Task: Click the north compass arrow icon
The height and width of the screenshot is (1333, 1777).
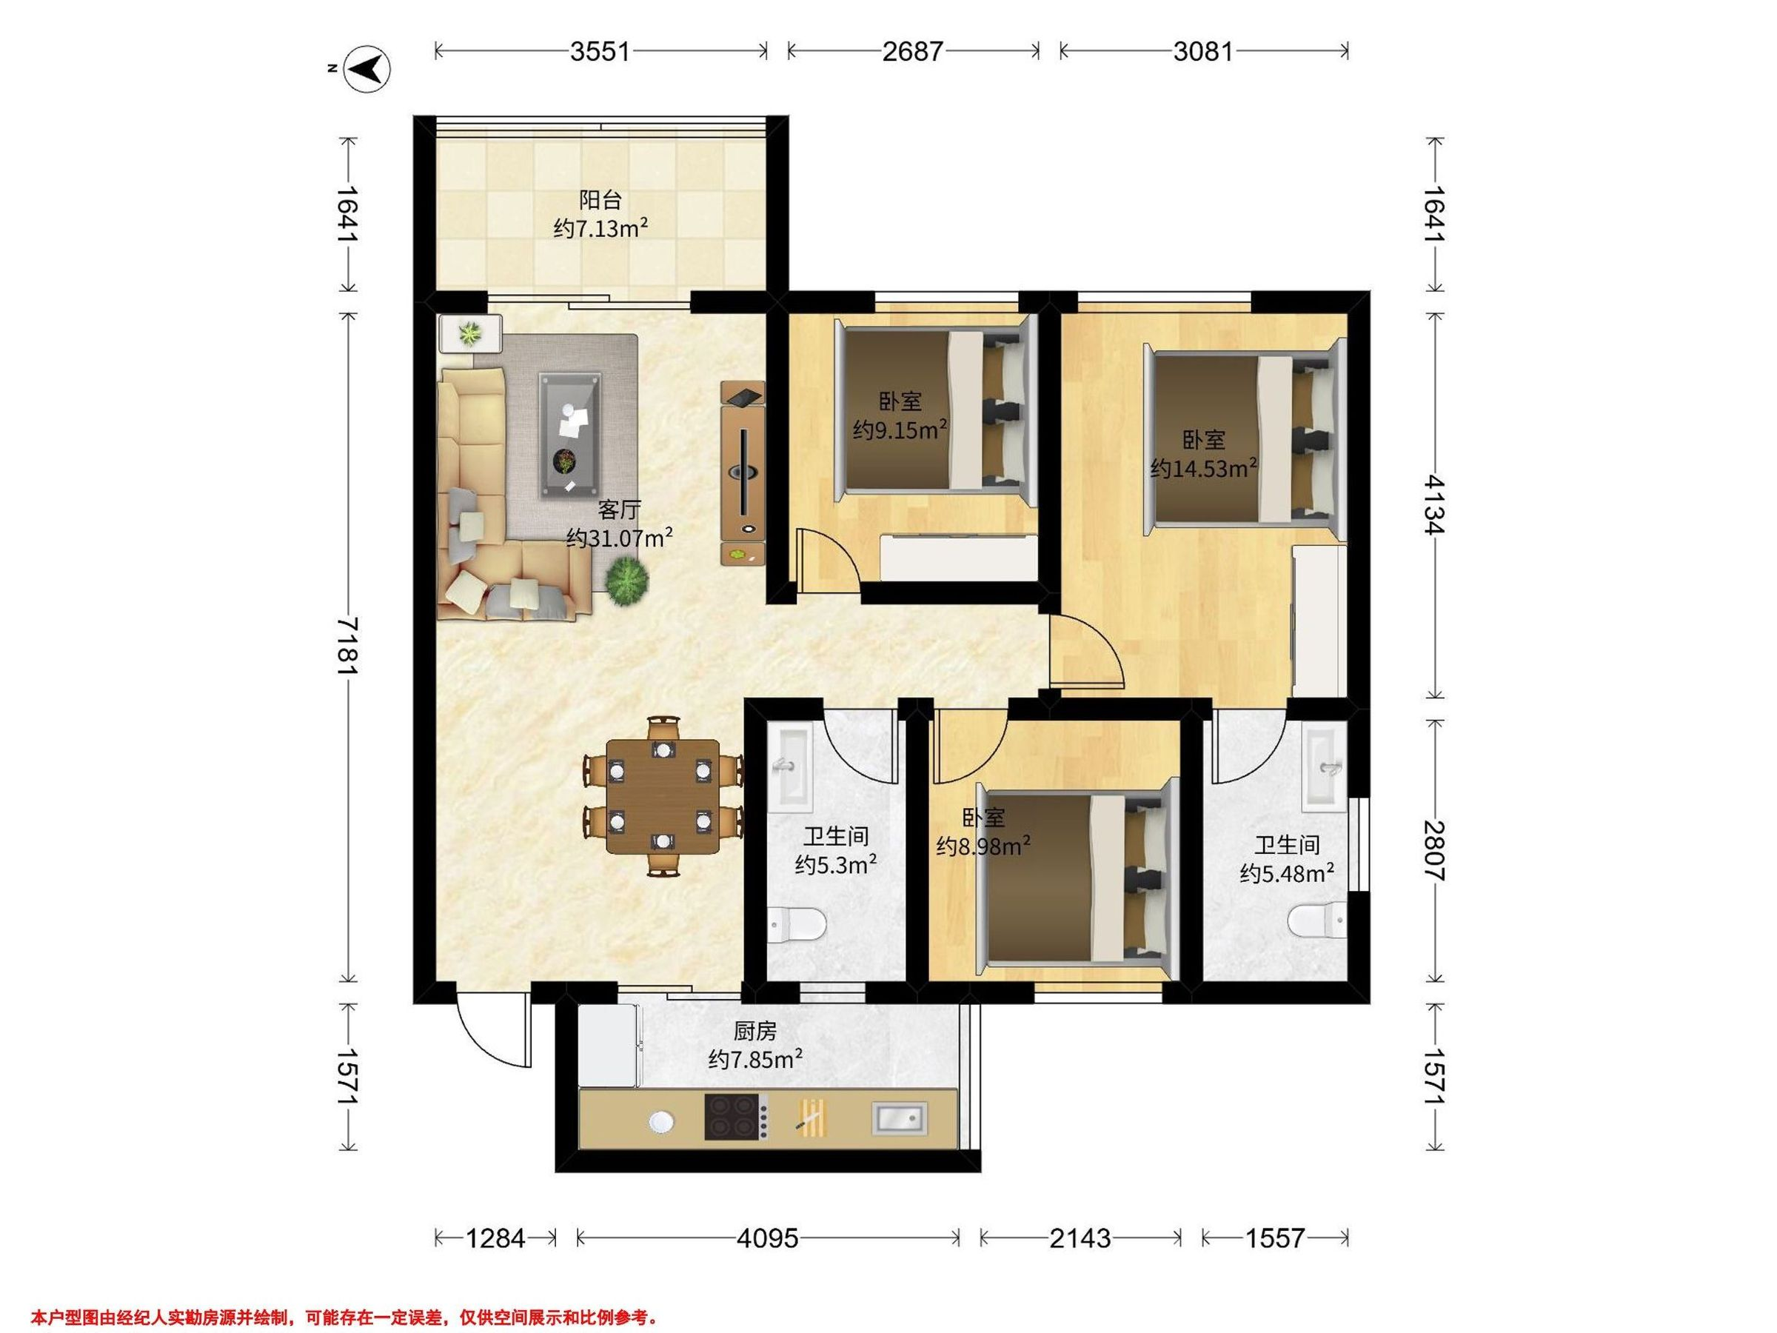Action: coord(367,69)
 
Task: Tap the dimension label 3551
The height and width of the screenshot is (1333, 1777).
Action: coord(600,51)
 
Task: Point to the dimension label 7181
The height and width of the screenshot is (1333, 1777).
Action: coord(347,646)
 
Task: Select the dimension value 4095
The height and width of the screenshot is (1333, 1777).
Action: coord(768,1238)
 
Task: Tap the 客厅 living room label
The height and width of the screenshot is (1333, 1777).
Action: coord(618,510)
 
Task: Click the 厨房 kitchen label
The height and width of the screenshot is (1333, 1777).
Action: coord(755,1030)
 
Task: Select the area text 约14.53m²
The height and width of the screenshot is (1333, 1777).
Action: coord(1203,467)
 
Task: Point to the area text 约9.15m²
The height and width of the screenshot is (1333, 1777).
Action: coord(900,430)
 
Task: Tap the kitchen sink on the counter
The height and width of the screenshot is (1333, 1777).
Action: coord(900,1118)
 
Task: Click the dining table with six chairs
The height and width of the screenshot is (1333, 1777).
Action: coord(662,795)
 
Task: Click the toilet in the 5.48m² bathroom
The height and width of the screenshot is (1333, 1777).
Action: coord(1317,919)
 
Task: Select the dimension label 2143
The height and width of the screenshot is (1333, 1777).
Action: coord(1080,1238)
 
